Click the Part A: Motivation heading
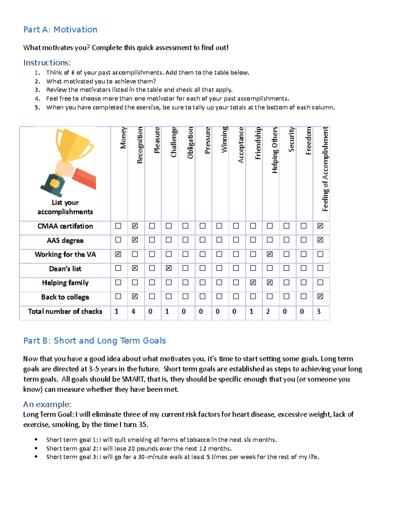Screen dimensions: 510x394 tap(60, 30)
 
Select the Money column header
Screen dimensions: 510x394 tap(123, 138)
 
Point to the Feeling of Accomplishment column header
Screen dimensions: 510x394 tap(325, 169)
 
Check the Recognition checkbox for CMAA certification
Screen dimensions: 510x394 tap(135, 226)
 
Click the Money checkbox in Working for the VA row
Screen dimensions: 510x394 tap(118, 254)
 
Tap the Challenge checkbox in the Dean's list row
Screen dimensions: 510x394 tap(169, 268)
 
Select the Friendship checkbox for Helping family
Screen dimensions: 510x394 tap(253, 282)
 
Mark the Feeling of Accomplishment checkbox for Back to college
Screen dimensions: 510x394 tap(320, 297)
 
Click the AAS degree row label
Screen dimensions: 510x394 tap(65, 240)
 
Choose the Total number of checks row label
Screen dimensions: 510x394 tap(65, 311)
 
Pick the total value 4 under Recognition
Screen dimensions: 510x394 tap(133, 311)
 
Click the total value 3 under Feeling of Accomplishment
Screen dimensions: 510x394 tap(318, 311)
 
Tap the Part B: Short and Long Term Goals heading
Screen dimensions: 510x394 tap(94, 341)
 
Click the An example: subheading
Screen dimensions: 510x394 tap(47, 404)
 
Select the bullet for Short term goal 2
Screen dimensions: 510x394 tap(36, 448)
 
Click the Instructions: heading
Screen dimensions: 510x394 tap(47, 63)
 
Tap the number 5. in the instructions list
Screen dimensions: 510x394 tap(37, 107)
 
